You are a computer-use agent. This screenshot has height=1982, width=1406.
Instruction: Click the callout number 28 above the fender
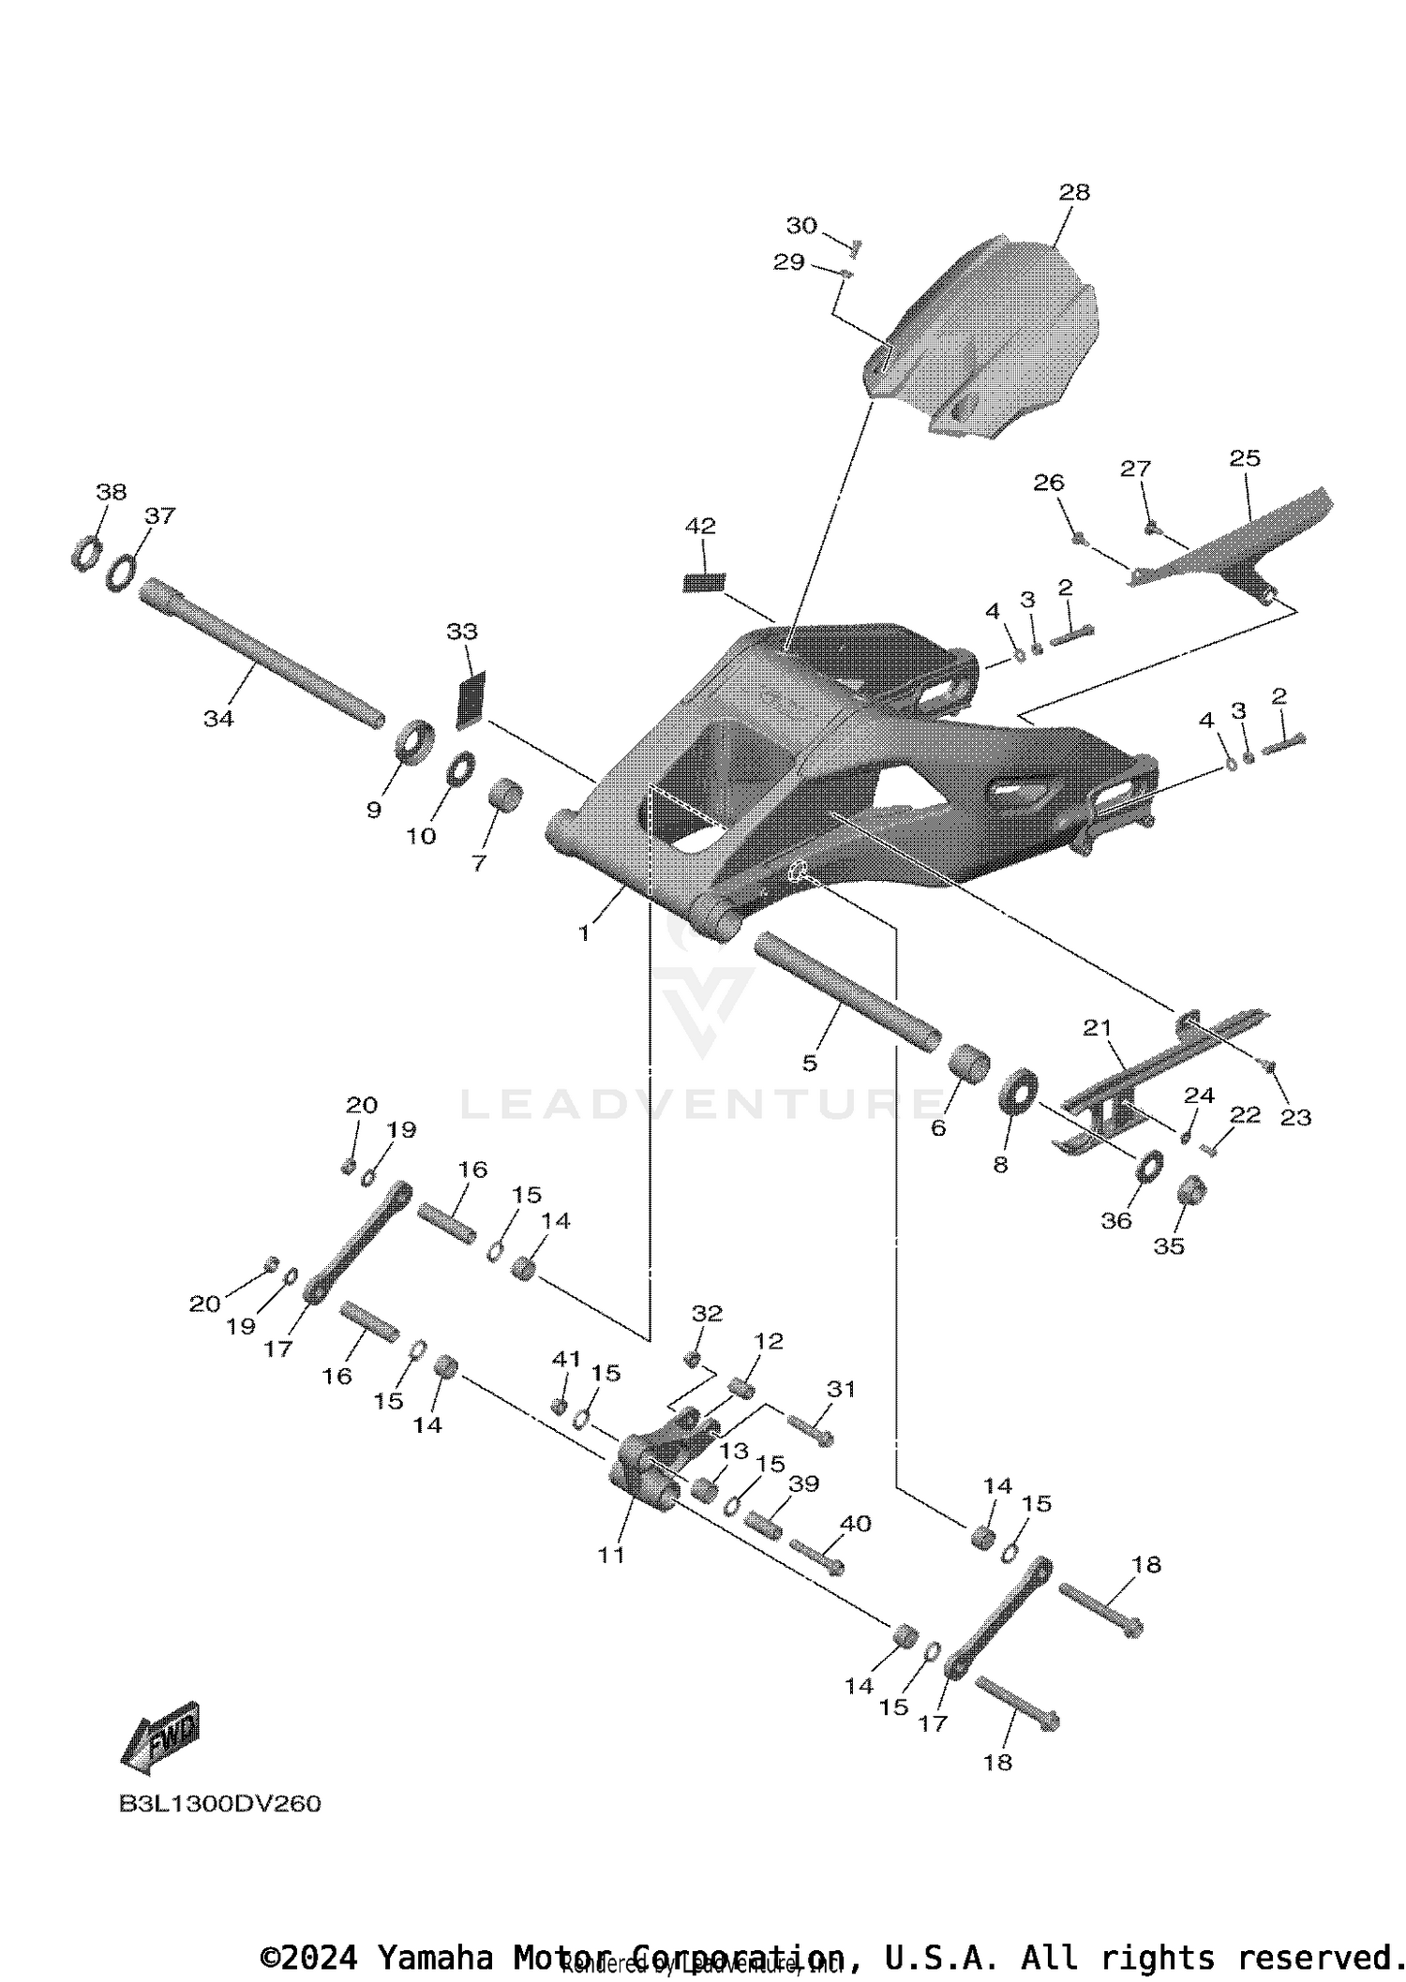coord(1074,192)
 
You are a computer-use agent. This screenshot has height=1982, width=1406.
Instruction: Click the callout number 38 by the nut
coord(111,492)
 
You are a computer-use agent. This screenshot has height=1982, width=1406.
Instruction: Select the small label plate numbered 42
coord(703,581)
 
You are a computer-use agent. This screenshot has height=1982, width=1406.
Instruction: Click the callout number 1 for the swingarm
coord(584,933)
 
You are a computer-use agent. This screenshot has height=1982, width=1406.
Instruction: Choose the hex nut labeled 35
coord(1191,1189)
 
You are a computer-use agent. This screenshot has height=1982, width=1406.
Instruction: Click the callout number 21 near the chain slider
coord(1097,1028)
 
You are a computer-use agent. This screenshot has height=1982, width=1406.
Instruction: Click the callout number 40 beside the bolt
coord(855,1524)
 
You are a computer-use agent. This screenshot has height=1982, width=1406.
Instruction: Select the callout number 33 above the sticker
coord(461,632)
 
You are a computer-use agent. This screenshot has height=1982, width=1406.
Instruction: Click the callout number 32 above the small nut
coord(707,1314)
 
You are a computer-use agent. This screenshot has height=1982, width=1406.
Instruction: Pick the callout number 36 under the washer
coord(1115,1220)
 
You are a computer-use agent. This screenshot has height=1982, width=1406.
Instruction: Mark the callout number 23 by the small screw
coord(1295,1117)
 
